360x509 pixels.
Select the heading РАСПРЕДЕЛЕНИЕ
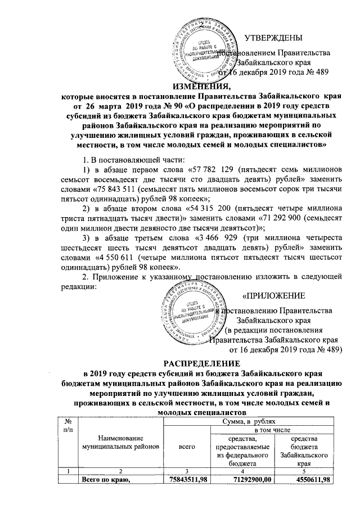[x=179, y=363]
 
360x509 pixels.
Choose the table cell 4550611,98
[x=304, y=479]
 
